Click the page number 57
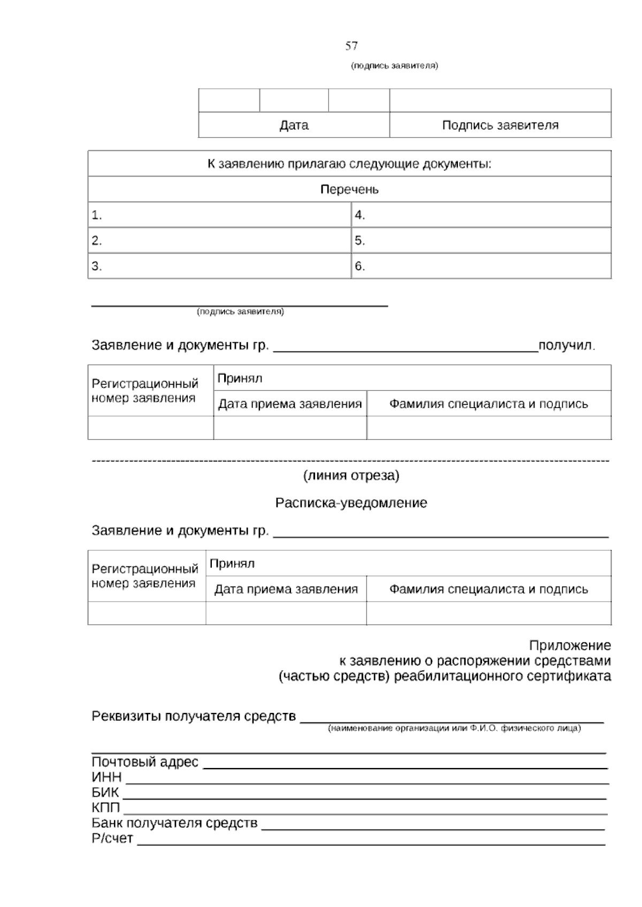(x=351, y=46)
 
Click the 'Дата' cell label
(x=294, y=125)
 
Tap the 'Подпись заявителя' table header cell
(x=500, y=125)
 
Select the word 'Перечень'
(x=349, y=189)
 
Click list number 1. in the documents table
(x=97, y=216)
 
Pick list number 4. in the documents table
(x=360, y=216)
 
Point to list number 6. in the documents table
(x=360, y=266)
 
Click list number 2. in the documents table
(x=97, y=241)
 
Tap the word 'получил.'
(x=567, y=345)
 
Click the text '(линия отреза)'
(x=351, y=475)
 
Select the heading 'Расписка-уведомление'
(x=351, y=503)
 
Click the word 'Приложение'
(x=570, y=645)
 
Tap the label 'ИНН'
(x=106, y=777)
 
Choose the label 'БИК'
(x=105, y=793)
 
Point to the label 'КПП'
(x=106, y=808)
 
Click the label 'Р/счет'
(x=112, y=839)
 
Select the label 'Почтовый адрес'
(x=145, y=762)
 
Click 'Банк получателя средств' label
(x=174, y=823)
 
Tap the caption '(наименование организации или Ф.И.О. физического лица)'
(x=454, y=728)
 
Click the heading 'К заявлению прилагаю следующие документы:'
(x=349, y=164)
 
